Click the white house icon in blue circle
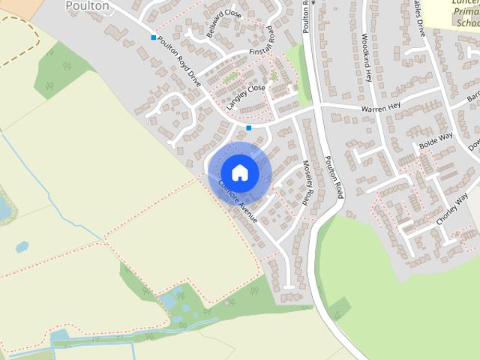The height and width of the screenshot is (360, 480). tap(239, 172)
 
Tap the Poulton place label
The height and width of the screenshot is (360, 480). tap(87, 6)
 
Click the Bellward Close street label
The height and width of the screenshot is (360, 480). tap(224, 24)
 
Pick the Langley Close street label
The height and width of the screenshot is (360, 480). tap(246, 97)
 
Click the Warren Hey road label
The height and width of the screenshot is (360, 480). tap(380, 108)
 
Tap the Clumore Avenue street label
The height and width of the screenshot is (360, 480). tap(238, 202)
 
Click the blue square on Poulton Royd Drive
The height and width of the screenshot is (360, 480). tap(154, 37)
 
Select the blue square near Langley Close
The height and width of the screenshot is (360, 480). tap(248, 128)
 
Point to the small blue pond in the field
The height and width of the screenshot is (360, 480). tap(22, 247)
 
